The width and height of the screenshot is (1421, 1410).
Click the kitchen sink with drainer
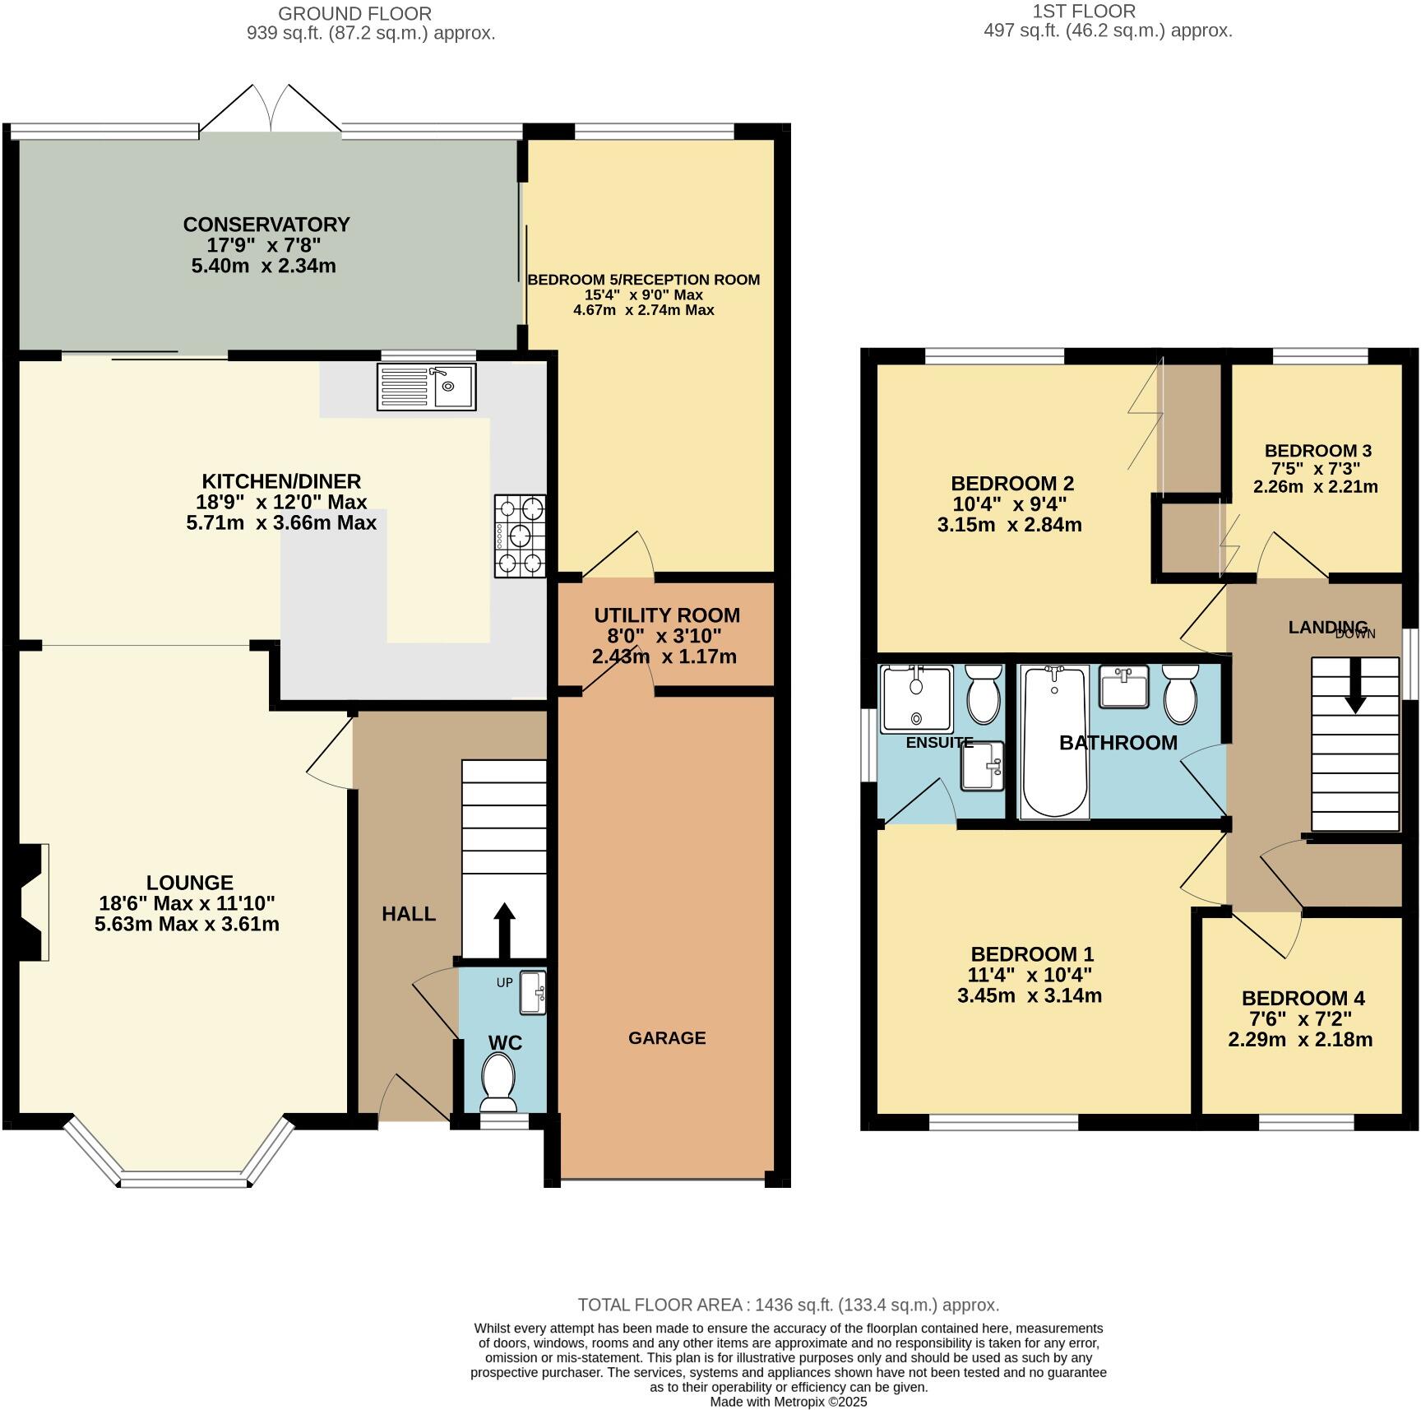pyautogui.click(x=426, y=387)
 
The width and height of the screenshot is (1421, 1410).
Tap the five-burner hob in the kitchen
pyautogui.click(x=520, y=536)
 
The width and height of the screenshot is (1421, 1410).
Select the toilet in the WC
pyautogui.click(x=498, y=1077)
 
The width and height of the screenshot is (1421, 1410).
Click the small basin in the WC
pyautogui.click(x=533, y=993)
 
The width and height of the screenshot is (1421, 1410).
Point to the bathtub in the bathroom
pyautogui.click(x=1053, y=742)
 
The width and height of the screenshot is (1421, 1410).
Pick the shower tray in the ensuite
pyautogui.click(x=917, y=699)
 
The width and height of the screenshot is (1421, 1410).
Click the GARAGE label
pyautogui.click(x=667, y=1038)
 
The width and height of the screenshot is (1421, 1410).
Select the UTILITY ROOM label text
pyautogui.click(x=667, y=615)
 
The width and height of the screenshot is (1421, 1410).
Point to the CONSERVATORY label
pyautogui.click(x=266, y=225)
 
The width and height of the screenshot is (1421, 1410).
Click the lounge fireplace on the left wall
pyautogui.click(x=33, y=902)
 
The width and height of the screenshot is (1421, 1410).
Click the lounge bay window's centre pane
pyautogui.click(x=179, y=1182)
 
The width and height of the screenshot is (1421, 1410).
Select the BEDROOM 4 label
pyautogui.click(x=1303, y=998)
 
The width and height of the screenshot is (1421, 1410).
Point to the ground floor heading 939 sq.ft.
pyautogui.click(x=371, y=34)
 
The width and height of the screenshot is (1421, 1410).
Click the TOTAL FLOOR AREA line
pyautogui.click(x=788, y=1305)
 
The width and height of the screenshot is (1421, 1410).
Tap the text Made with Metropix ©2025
pyautogui.click(x=788, y=1402)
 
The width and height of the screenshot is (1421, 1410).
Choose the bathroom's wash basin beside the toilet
pyautogui.click(x=1123, y=687)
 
